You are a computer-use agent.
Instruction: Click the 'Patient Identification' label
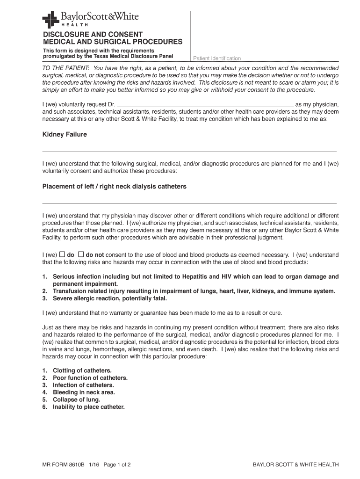tap(217, 58)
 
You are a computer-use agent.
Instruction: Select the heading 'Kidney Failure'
tap(65, 134)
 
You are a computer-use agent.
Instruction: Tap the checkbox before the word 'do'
tap(62, 254)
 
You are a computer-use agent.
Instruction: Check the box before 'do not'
tap(80, 254)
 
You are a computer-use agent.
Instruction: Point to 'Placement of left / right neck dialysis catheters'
tap(115, 186)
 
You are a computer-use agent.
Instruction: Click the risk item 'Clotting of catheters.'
tap(82, 370)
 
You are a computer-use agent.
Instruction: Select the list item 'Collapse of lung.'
tap(76, 399)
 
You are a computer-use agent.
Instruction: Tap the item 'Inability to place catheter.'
tap(89, 407)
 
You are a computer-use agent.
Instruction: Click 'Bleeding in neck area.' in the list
tap(84, 392)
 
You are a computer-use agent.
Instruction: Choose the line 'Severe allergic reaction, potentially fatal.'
tap(110, 298)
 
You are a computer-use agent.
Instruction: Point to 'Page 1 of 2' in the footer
tap(117, 464)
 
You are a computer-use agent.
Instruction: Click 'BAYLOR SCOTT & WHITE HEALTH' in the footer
tap(295, 464)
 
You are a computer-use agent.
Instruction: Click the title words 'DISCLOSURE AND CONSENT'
tap(93, 34)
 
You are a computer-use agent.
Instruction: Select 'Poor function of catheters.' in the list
tap(90, 378)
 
